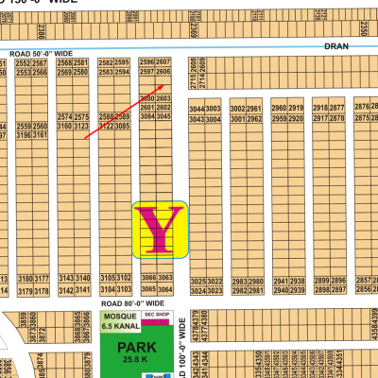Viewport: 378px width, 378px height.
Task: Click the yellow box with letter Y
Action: coord(162,230)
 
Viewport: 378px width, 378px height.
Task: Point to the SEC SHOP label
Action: coord(156,314)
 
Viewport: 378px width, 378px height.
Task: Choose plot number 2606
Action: coord(163,72)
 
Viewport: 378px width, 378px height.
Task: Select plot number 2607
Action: coord(163,62)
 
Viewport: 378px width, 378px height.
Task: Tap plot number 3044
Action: coord(197,110)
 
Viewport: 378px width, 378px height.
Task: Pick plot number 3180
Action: coord(26,280)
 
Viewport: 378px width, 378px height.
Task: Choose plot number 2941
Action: coord(279,283)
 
